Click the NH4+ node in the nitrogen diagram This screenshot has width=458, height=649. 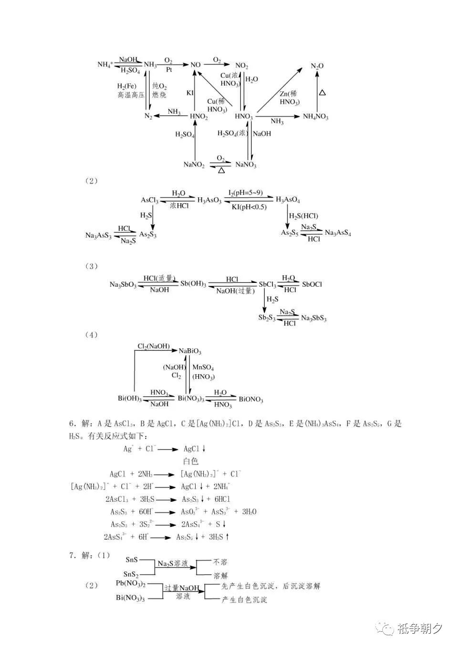point(105,65)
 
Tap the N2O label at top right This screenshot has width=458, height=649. point(317,66)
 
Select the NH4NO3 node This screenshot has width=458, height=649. point(315,117)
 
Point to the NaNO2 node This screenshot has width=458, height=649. point(194,165)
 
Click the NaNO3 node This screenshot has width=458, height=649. point(246,165)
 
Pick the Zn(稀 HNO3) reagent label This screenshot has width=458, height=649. point(289,98)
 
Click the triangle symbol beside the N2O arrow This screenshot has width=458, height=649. point(323,92)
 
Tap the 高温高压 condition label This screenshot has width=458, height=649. point(131,95)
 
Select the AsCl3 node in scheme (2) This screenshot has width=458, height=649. point(149,200)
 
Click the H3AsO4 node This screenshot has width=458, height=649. point(288,200)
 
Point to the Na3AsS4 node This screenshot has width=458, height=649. point(338,233)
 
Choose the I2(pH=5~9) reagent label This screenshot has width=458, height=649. point(245,193)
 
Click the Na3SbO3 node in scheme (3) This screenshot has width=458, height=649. point(123,285)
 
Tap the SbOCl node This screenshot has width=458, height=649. point(312,284)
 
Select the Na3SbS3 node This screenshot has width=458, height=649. point(313,319)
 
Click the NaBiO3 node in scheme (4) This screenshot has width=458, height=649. point(190,351)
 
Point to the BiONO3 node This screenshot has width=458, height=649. point(251,400)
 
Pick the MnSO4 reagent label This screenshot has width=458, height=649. point(203,368)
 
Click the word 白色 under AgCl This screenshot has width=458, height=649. point(190,461)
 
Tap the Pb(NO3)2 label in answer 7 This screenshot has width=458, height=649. point(131,584)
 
